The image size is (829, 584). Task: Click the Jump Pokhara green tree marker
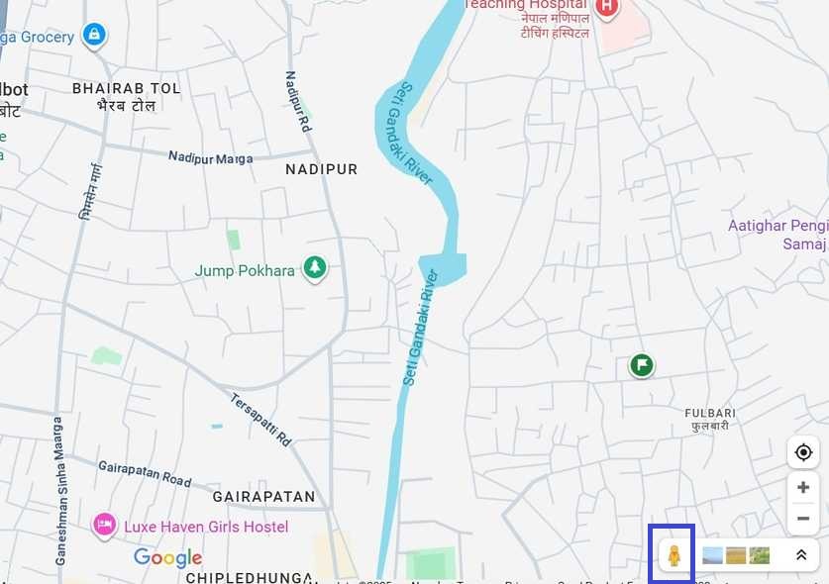[x=315, y=268]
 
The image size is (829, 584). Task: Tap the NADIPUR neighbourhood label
[x=322, y=169]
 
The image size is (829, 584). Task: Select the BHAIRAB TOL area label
[x=127, y=96]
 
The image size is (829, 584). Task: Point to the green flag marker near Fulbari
[x=642, y=366]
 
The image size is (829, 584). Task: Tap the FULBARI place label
[x=710, y=418]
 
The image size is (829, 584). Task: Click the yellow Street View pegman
[x=674, y=555]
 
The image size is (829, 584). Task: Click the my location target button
[x=802, y=453]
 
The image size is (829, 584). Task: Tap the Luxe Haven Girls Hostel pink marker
[x=104, y=525]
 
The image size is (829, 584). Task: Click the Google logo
[x=168, y=557]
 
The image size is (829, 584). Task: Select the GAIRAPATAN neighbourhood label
[x=263, y=496]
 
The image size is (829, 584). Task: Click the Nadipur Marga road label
[x=210, y=157]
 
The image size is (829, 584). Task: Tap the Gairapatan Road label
[x=145, y=472]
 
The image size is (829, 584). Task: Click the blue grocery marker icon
[x=94, y=36]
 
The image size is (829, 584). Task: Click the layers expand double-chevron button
[x=801, y=555]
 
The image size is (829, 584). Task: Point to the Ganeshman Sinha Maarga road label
[x=60, y=491]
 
